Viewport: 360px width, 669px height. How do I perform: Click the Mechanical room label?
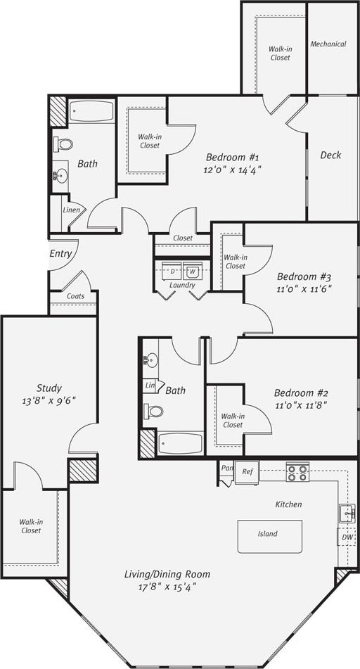click(x=328, y=44)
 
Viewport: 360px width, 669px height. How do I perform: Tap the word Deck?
click(x=330, y=155)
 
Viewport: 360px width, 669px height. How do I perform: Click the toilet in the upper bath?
click(x=64, y=144)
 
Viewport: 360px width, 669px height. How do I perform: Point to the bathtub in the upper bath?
click(x=91, y=112)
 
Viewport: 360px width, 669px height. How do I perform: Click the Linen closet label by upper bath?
click(x=71, y=210)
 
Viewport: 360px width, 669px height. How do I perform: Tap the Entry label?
click(x=60, y=253)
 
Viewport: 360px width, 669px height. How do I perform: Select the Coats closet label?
click(x=75, y=296)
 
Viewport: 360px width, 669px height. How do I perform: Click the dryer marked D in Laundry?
click(x=172, y=270)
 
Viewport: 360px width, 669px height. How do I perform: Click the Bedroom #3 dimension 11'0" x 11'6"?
click(x=304, y=288)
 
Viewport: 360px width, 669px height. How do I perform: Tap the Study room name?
click(x=49, y=388)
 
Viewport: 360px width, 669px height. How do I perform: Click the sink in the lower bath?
click(x=150, y=361)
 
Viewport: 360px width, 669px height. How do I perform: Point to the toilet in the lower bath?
click(x=153, y=411)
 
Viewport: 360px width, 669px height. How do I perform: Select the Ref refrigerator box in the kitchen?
click(x=247, y=471)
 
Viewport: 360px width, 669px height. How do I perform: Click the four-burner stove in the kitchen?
click(x=297, y=472)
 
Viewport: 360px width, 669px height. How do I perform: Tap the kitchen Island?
click(x=269, y=535)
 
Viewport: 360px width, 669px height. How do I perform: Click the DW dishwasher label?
click(x=347, y=537)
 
